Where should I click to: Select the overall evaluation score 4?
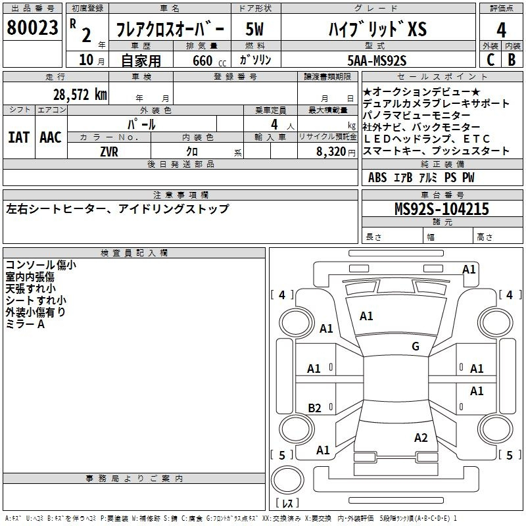pos(501,30)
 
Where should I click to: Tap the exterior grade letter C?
pos(490,59)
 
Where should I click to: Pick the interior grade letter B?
pos(512,59)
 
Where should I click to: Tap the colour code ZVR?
pos(109,151)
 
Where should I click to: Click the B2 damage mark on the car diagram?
pos(315,408)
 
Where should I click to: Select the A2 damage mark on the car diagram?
pos(421,438)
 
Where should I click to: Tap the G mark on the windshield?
pos(415,347)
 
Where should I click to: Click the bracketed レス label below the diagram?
pos(288,504)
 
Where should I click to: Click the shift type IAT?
pos(18,137)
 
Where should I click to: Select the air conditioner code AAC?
pos(50,137)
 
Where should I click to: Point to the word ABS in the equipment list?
pos(377,178)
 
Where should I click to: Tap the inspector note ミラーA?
pos(25,324)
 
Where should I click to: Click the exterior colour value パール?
pos(141,124)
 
